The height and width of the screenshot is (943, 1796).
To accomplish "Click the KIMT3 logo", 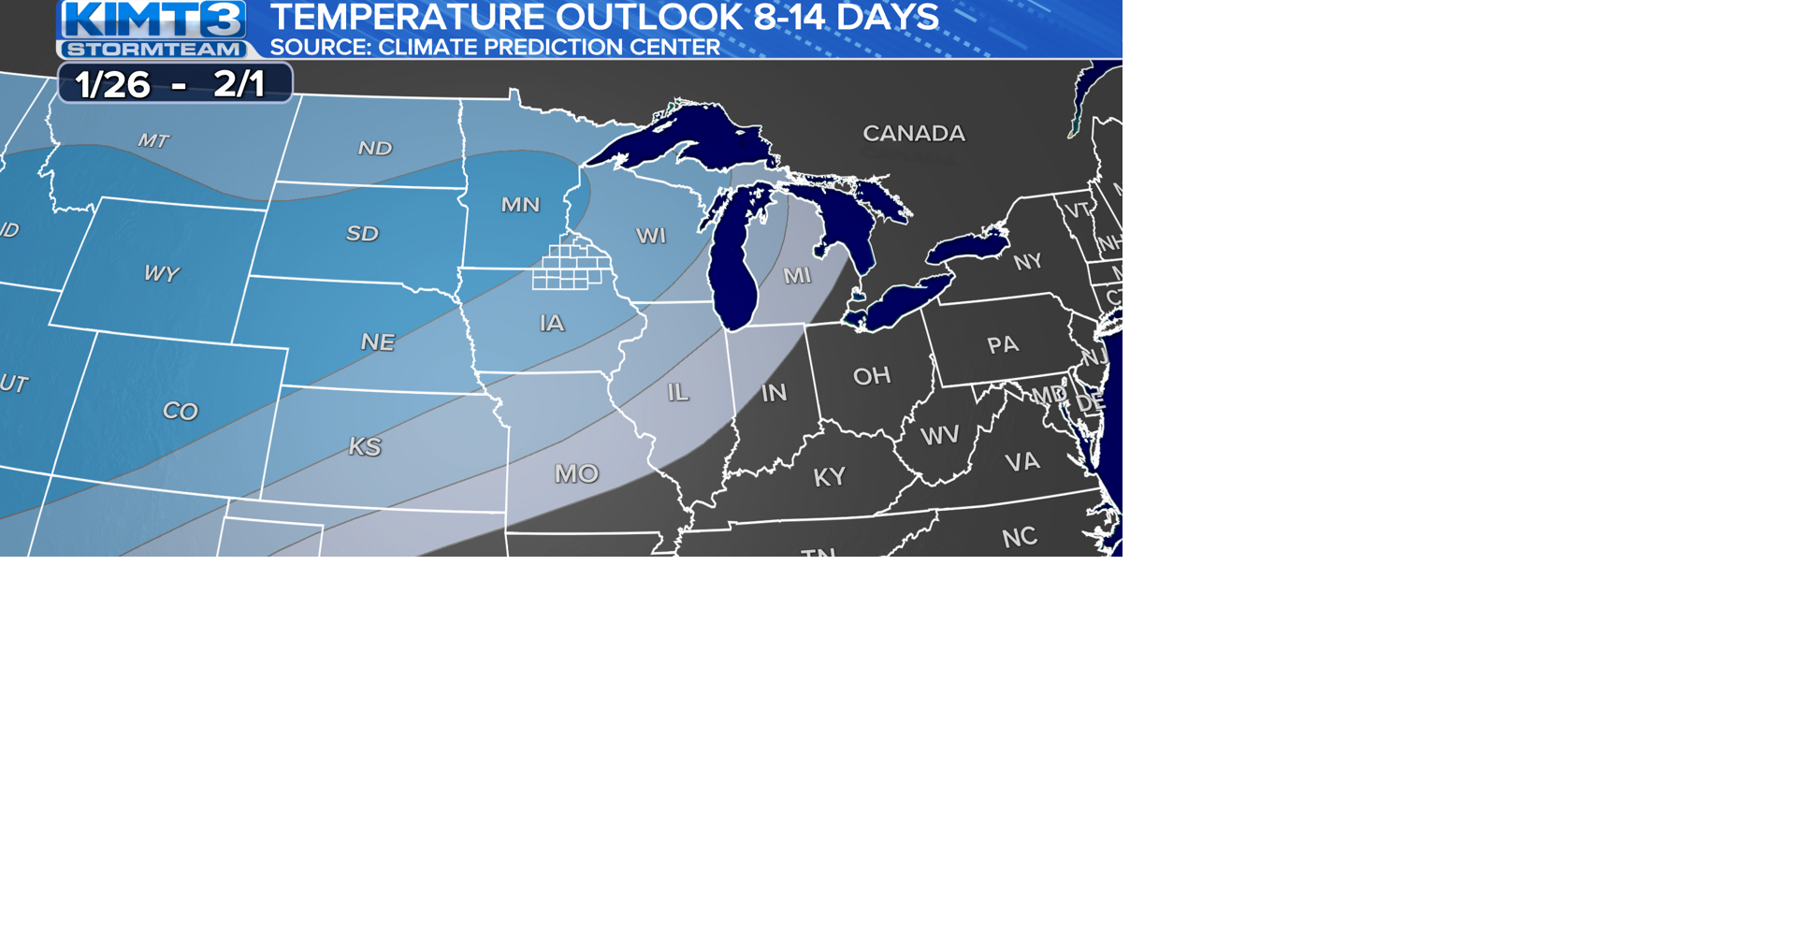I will point(154,19).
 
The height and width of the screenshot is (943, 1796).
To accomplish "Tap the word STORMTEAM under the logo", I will point(154,50).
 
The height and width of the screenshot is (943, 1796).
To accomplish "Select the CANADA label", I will point(913,134).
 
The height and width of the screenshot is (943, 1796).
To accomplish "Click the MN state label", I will point(520,205).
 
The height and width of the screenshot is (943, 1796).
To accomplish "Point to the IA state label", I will point(552,324).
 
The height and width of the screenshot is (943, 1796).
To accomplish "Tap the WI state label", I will point(651,236).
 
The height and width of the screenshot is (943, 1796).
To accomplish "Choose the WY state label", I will point(161,274).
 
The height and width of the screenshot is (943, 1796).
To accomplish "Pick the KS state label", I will point(365,447).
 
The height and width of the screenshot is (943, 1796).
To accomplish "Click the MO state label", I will point(576,474).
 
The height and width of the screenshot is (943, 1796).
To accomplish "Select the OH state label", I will point(871,376).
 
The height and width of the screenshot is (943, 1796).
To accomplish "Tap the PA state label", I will point(1002,345).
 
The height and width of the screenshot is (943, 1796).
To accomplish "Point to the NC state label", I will point(1019,538).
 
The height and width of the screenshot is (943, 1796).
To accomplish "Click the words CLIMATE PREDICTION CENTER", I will point(549,48).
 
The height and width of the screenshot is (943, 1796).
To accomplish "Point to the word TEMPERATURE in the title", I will point(406,17).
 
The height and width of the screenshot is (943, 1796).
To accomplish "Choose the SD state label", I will point(362,234).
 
